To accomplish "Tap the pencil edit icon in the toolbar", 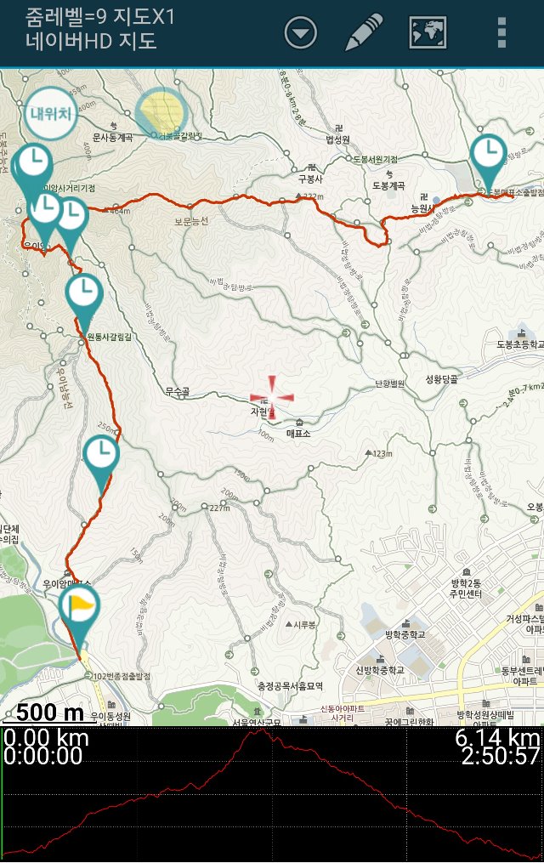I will [x=364, y=32].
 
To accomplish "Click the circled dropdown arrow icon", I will [x=301, y=33].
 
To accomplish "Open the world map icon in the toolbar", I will [x=428, y=32].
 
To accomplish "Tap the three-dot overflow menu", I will [x=502, y=32].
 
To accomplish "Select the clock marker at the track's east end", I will [x=488, y=154].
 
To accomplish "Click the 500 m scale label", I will [x=50, y=713].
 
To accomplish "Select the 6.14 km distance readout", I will [x=497, y=737].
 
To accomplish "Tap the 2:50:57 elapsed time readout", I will [x=500, y=756].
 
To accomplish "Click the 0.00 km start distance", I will [x=46, y=737].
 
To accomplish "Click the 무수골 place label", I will [x=176, y=391].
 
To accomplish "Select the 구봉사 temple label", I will [x=311, y=179].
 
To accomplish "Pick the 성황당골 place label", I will [x=440, y=380].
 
